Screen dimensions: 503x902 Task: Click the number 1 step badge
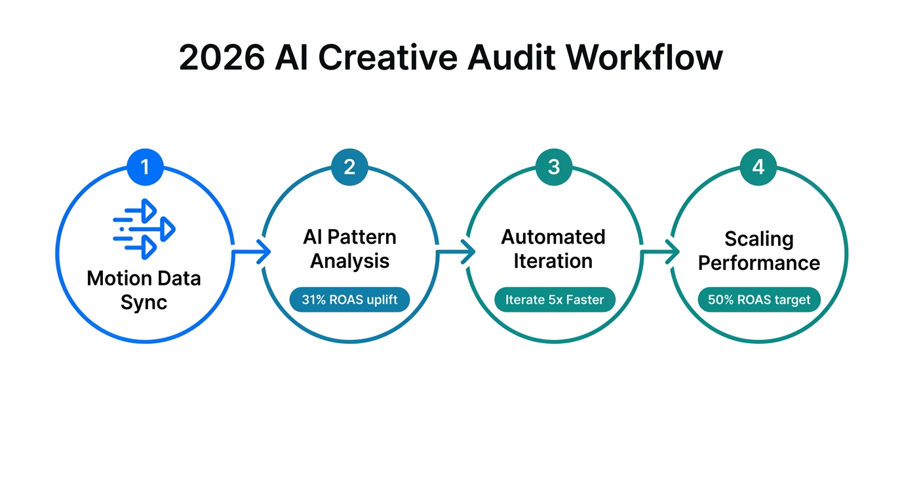[145, 167]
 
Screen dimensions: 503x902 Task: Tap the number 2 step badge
[349, 167]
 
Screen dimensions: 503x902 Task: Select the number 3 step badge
[554, 167]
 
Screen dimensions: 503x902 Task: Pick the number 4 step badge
[758, 167]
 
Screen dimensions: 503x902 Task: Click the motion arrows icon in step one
[144, 229]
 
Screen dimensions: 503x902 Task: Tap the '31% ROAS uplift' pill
[349, 300]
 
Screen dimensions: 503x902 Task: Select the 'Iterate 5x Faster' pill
[554, 300]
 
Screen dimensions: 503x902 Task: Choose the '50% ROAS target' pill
[759, 300]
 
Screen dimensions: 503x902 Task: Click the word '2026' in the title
[222, 59]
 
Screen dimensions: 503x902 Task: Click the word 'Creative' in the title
[389, 59]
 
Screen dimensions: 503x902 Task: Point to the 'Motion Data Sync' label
[144, 290]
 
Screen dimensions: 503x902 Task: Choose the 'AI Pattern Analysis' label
[349, 249]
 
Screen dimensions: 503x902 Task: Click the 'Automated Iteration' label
[553, 249]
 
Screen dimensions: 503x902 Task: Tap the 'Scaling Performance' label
[758, 251]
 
